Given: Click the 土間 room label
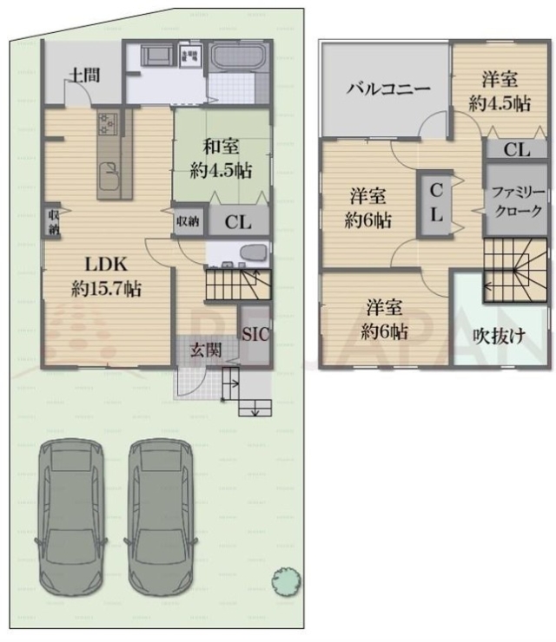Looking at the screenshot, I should tap(83, 75).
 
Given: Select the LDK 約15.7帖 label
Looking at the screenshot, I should tap(107, 277).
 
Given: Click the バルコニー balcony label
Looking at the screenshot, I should tap(385, 88).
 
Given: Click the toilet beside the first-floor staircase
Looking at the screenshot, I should tap(249, 252).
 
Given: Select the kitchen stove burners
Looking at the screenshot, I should tap(107, 131).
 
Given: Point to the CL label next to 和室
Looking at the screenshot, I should tap(237, 222).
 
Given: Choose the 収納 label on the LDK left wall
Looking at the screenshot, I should tap(54, 222).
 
